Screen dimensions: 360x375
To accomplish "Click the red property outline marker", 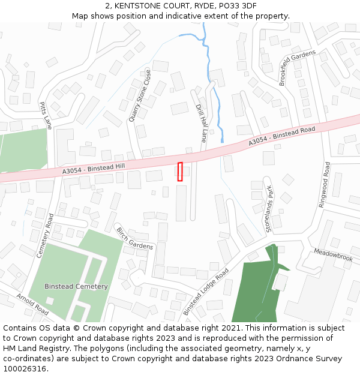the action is [x=180, y=171].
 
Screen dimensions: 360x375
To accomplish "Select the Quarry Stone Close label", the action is [x=140, y=96].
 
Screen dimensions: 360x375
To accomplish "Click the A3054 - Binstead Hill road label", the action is [x=94, y=169].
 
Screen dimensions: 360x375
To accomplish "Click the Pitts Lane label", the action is [x=46, y=115].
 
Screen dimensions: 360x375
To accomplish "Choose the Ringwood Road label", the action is [x=325, y=184].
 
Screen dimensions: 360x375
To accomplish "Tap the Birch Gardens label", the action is [x=134, y=239].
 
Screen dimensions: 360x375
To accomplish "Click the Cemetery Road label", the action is [x=45, y=236].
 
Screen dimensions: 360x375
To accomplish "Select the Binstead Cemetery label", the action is [x=76, y=286].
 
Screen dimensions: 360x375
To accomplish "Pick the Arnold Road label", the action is [x=32, y=304].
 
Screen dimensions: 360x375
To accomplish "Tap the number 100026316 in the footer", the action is [x=25, y=368].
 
